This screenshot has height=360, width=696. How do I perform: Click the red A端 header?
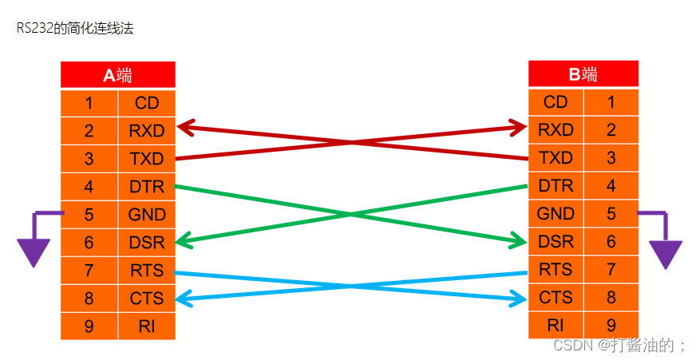tap(117, 75)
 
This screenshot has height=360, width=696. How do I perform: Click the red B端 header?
tap(583, 75)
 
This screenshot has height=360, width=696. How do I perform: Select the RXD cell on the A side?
tap(146, 130)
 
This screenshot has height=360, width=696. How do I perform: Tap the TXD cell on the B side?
tap(556, 158)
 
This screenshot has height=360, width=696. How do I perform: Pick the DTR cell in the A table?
tap(146, 187)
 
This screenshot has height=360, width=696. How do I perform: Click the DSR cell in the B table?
tap(556, 242)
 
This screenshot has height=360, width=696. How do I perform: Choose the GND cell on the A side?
tap(146, 215)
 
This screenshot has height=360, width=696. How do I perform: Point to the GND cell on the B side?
tap(556, 214)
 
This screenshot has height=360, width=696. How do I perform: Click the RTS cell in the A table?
tap(146, 271)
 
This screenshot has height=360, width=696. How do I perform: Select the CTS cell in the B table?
tap(556, 298)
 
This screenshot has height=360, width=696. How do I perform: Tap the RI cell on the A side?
tap(146, 326)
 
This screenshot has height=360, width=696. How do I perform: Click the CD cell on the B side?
tap(556, 102)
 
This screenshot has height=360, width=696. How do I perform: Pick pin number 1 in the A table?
tap(89, 103)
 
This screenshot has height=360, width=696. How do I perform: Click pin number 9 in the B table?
tap(611, 326)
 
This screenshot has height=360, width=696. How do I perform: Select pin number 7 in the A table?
tap(89, 271)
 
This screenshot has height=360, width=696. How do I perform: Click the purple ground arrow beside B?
tap(665, 252)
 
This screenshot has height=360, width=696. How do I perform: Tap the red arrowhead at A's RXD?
tap(185, 127)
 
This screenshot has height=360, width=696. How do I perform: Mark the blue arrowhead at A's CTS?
tap(184, 299)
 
